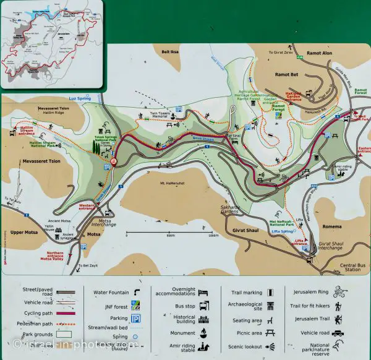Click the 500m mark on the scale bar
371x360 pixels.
tap(170, 236)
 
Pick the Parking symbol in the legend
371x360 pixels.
tap(135, 317)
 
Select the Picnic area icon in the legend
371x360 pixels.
tap(271, 333)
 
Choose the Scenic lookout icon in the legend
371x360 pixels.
tap(271, 347)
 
